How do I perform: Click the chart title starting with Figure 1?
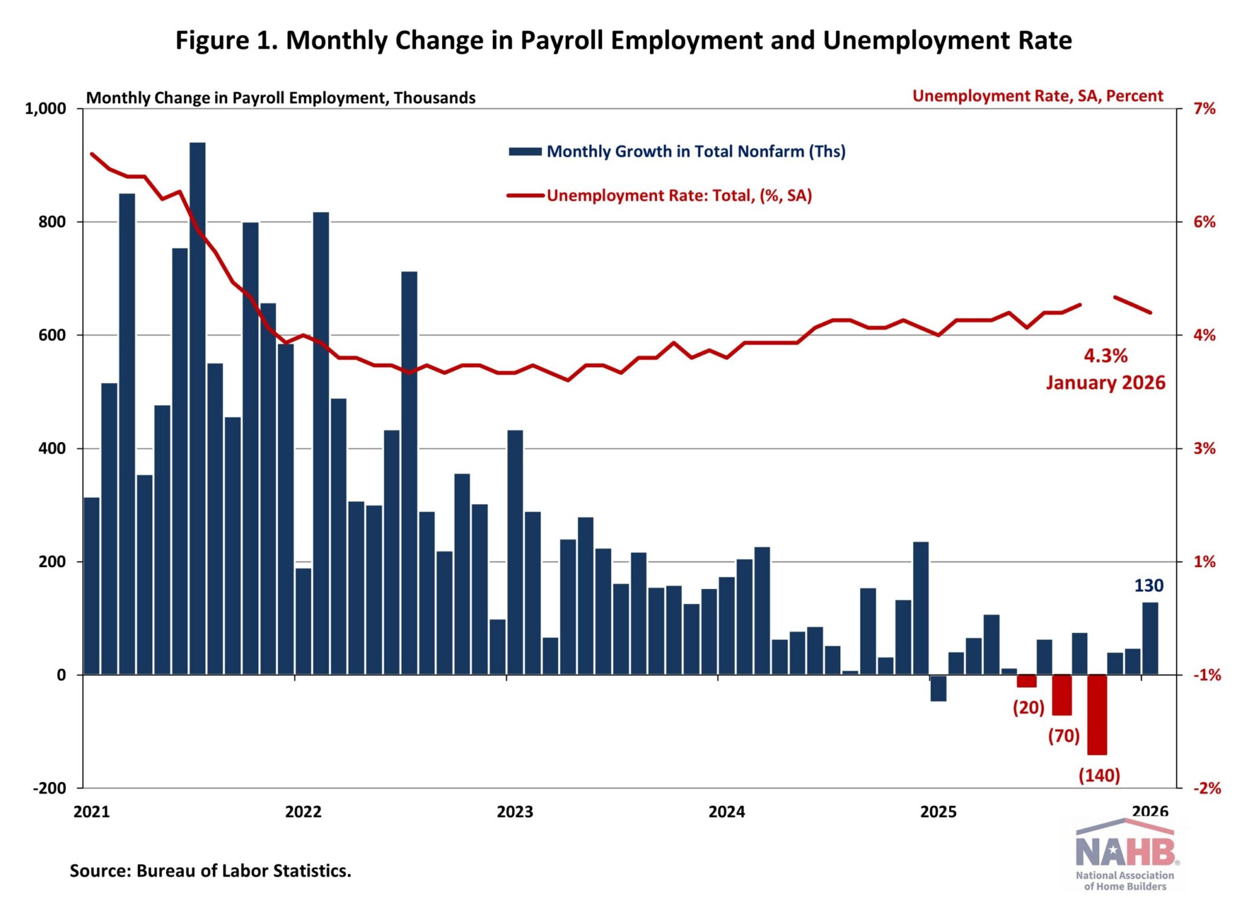coord(623,40)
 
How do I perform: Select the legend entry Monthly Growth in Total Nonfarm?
coord(695,152)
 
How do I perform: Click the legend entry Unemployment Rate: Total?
coord(679,196)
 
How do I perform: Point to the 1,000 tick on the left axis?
coord(45,109)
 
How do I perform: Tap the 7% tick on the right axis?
coord(1204,109)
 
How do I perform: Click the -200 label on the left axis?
coord(50,788)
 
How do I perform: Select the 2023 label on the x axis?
coord(515,812)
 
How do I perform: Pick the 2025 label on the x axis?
coord(938,812)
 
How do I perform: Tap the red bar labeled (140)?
coord(1097,714)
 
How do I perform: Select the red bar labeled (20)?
coord(1027,681)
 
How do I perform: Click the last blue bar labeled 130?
coord(1150,638)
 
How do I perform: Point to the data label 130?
coord(1148,586)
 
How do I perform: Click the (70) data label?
coord(1064,736)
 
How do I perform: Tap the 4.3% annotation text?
coord(1105,356)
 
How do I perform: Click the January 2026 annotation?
coord(1105,383)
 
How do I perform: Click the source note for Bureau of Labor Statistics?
coord(210,871)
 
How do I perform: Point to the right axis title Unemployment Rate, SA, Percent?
coord(1037,96)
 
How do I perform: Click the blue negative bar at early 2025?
coord(938,688)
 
